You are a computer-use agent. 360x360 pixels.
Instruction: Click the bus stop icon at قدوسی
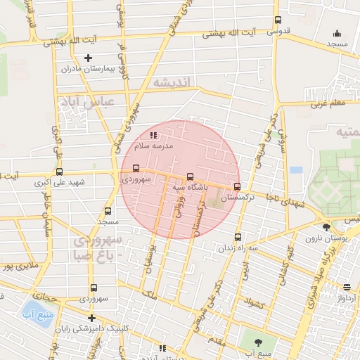click(278, 20)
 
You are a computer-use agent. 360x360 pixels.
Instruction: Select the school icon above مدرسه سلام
click(154, 135)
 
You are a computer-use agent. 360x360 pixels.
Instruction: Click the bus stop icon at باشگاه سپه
click(190, 176)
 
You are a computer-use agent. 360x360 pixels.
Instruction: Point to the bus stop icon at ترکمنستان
click(237, 187)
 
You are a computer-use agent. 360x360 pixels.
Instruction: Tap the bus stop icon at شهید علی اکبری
click(58, 171)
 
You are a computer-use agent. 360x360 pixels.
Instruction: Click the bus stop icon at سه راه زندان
click(238, 237)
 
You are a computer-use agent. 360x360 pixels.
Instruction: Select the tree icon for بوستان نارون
click(326, 227)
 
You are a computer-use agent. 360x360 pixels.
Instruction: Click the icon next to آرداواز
click(347, 286)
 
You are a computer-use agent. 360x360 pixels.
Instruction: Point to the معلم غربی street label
click(328, 104)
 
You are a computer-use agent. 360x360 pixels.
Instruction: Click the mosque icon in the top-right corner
click(337, 32)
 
